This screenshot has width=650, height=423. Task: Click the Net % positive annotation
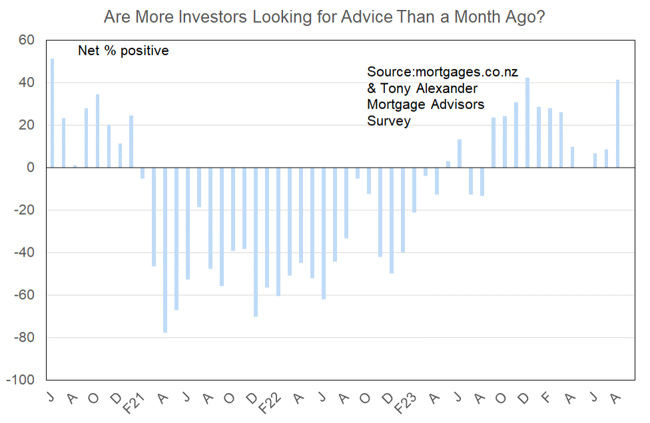coord(123,51)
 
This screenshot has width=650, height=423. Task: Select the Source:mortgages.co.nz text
coord(442,72)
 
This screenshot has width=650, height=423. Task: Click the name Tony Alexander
coord(429,88)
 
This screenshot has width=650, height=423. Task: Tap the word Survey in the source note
coord(389,121)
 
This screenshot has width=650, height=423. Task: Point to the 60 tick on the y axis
coord(27,40)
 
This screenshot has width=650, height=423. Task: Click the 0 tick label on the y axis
coord(31,168)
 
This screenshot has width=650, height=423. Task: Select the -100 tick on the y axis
coord(20,380)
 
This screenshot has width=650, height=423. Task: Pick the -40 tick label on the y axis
coord(24,253)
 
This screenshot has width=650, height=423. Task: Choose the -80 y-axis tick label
coord(24,337)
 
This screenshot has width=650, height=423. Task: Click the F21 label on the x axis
coord(135,404)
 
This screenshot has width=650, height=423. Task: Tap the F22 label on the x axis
coord(270,404)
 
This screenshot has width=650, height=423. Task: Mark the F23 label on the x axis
coord(405,404)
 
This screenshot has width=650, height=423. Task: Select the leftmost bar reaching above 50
coord(52,113)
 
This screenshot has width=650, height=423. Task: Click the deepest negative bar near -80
coord(165,250)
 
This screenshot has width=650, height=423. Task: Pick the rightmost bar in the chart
coord(617,124)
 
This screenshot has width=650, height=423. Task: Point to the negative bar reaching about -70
coord(256,242)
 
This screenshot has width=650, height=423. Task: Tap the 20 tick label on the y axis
coord(27,125)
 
